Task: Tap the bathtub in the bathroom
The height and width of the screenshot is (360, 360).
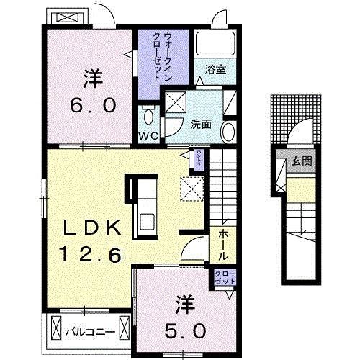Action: [216, 45]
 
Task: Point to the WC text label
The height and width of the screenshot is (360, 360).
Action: [148, 135]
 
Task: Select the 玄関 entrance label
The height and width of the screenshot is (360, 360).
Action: [301, 161]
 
